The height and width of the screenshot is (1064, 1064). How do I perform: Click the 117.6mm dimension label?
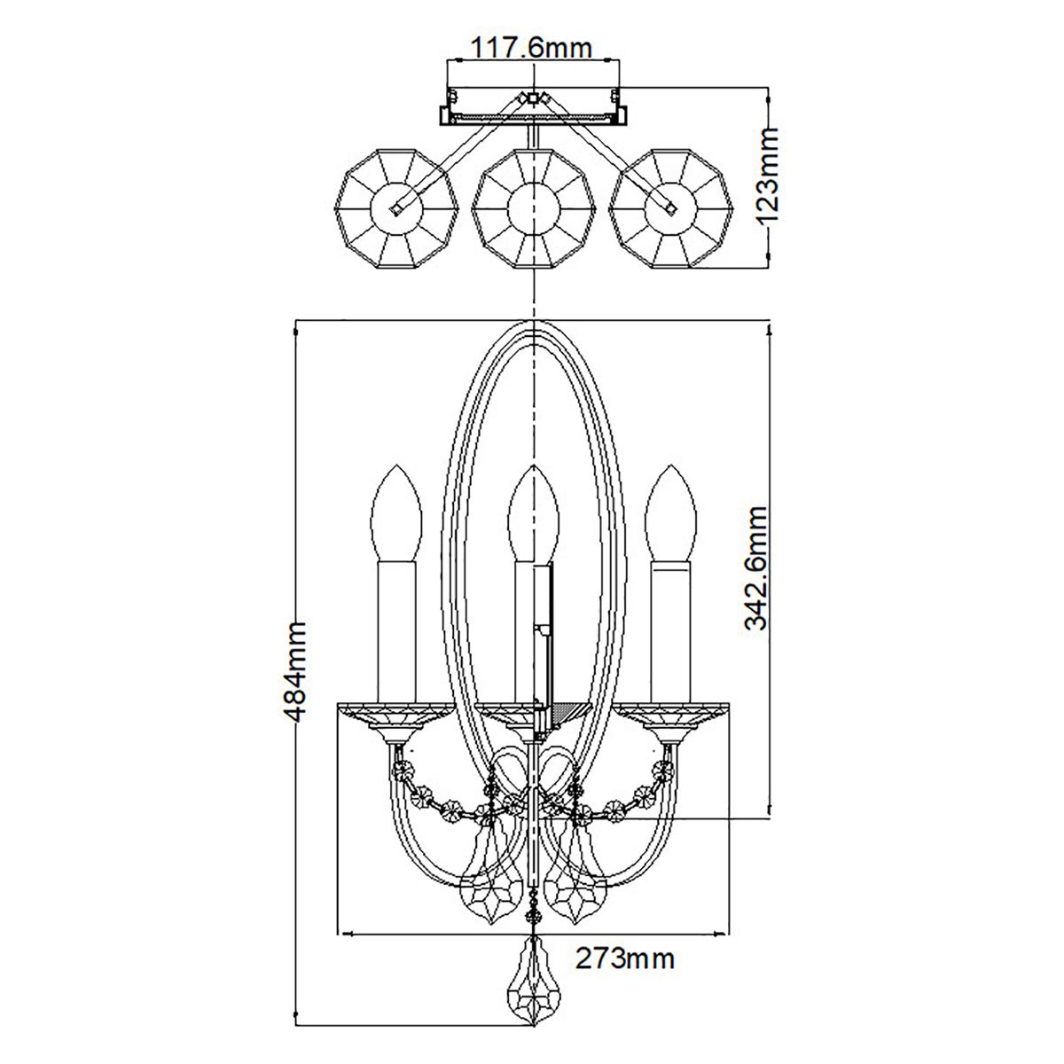click(x=531, y=47)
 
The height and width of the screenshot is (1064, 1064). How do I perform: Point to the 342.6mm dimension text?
click(x=756, y=567)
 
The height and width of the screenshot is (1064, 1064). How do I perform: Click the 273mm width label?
click(x=625, y=958)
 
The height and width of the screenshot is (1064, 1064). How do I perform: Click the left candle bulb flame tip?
click(x=395, y=468)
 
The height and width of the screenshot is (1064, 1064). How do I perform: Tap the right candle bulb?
click(x=670, y=514)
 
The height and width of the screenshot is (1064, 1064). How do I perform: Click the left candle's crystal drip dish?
click(x=395, y=715)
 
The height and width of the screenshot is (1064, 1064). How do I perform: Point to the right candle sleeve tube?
click(x=670, y=630)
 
